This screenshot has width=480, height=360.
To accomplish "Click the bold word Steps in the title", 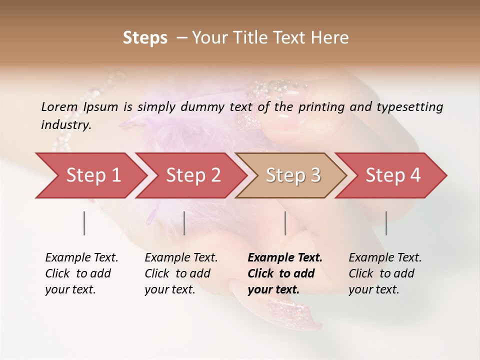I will click(x=145, y=38).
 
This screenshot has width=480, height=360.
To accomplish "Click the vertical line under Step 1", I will click(x=84, y=223).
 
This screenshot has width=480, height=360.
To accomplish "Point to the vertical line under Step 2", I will click(x=184, y=223).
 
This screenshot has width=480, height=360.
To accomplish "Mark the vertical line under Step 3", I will click(x=285, y=223).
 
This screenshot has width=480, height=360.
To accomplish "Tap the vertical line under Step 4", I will click(x=386, y=223).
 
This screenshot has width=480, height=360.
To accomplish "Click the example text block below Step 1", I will click(x=81, y=273).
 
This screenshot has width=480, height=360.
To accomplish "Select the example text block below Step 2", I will click(x=181, y=273).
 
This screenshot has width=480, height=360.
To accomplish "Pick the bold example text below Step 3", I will click(x=285, y=273).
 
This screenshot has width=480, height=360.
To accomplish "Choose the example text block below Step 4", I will click(x=385, y=273).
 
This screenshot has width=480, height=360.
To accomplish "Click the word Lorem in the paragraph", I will click(x=59, y=106).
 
